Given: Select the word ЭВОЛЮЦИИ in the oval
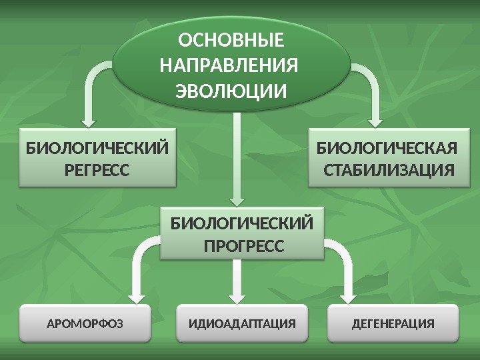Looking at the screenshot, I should tap(231, 89).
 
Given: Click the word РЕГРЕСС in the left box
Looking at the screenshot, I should tap(97, 170).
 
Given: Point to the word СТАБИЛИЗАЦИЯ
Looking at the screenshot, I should tap(388, 170).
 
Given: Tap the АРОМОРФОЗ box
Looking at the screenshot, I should tap(86, 325).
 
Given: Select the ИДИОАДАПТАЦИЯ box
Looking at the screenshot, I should tap(242, 325).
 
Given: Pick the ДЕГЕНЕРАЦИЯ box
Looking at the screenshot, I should tap(393, 325).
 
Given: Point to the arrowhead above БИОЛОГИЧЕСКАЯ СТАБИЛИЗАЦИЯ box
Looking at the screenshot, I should tap(375, 121).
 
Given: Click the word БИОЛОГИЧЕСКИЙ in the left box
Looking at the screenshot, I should tap(97, 147).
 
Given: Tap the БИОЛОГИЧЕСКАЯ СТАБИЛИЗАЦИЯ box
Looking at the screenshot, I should tap(388, 159).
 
